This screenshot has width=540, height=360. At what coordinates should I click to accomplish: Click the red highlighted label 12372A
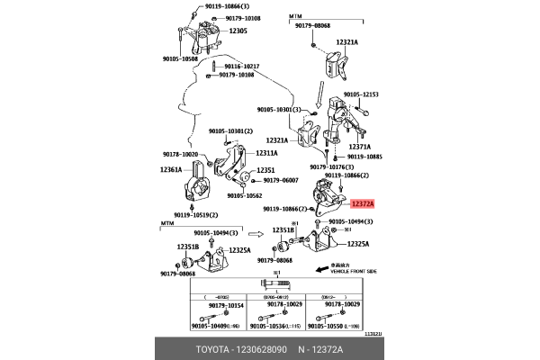click(x=365, y=205)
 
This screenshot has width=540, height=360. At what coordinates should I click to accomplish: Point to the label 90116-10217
click(x=240, y=67)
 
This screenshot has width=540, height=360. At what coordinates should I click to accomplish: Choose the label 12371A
click(x=359, y=146)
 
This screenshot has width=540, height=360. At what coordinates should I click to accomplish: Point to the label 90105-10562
click(x=244, y=195)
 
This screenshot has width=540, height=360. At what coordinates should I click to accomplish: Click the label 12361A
click(x=171, y=169)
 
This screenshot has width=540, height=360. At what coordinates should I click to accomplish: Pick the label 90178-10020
click(x=183, y=154)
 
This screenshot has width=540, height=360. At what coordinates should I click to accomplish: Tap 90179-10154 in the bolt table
click(x=224, y=305)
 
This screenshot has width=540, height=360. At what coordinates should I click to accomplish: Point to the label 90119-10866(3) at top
click(x=210, y=5)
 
